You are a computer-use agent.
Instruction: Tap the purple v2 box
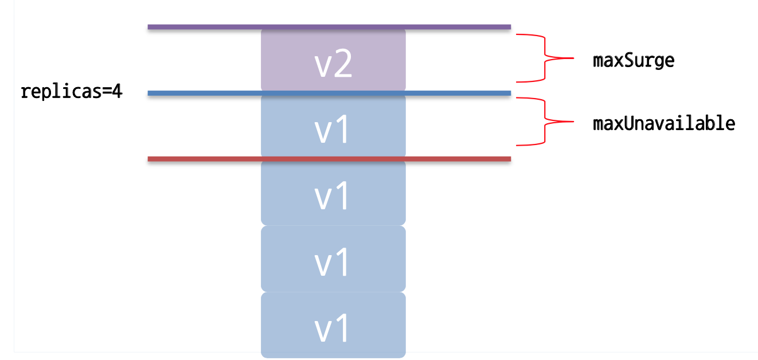[x=333, y=60]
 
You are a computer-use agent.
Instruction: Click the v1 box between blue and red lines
[x=333, y=126]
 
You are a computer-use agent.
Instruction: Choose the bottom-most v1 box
[x=333, y=325]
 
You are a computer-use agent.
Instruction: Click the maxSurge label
[x=634, y=61]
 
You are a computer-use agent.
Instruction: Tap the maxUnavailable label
[x=663, y=123]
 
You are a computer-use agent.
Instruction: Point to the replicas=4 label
[x=71, y=92]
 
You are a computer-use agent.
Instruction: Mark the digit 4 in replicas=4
[x=117, y=92]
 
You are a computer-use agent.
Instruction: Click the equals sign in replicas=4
[x=106, y=92]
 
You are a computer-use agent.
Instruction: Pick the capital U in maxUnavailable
[x=627, y=123]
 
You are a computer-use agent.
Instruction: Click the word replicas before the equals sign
[x=60, y=92]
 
